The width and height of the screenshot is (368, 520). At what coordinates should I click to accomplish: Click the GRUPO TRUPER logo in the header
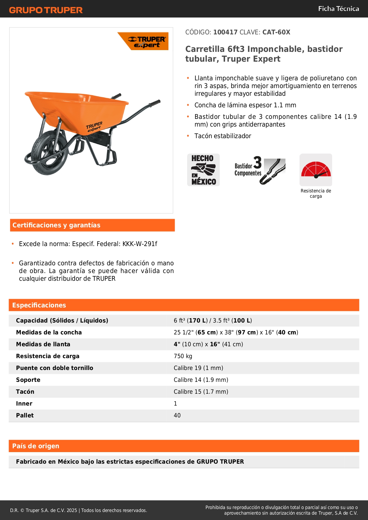tap(46, 10)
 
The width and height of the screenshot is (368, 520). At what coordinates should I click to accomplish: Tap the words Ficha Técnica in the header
tap(338, 9)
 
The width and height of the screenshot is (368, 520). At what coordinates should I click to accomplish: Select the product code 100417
tap(225, 32)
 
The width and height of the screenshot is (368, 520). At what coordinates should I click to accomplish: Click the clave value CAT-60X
tap(276, 32)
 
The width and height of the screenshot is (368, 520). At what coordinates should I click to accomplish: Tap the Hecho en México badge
tap(203, 170)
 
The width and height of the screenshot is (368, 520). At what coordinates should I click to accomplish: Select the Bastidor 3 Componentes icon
tap(260, 170)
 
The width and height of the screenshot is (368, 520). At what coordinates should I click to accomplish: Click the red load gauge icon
tap(316, 170)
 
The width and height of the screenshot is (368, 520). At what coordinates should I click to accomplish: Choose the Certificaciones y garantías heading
tap(56, 225)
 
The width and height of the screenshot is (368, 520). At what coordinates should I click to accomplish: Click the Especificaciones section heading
tap(39, 305)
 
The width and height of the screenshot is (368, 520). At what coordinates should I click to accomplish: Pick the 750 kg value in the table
tap(183, 356)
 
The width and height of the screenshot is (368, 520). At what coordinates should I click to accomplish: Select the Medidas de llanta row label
tap(43, 344)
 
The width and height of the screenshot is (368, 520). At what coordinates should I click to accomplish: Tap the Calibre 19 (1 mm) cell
tap(198, 368)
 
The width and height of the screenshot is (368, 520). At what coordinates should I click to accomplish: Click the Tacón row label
tap(25, 392)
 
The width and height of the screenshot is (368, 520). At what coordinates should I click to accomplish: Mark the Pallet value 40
tap(177, 416)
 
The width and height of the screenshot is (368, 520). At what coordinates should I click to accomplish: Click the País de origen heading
tap(36, 446)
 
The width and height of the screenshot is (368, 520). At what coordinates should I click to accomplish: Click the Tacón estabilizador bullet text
tap(223, 136)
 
